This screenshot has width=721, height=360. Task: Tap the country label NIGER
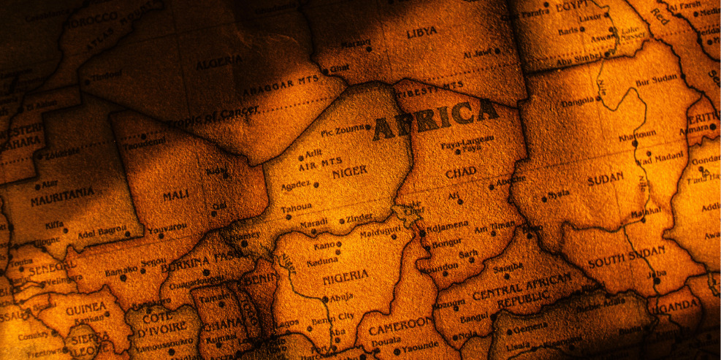point(348,173)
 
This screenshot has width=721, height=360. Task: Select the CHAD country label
point(461,172)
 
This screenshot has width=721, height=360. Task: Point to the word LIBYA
point(421,32)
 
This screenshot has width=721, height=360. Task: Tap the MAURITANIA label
point(62,196)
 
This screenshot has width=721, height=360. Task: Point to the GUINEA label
point(85,309)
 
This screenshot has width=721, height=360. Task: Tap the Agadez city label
point(297,185)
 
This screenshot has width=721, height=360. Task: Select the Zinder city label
point(359,218)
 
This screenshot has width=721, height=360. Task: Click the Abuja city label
point(340,298)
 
